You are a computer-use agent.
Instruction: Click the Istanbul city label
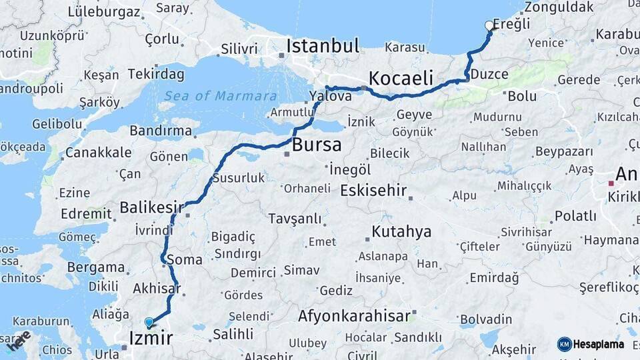pyautogui.click(x=323, y=46)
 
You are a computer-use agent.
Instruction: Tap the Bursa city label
pyautogui.click(x=317, y=145)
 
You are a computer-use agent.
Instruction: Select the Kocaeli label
pyautogui.click(x=401, y=77)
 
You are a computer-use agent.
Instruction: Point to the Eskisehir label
pyautogui.click(x=373, y=191)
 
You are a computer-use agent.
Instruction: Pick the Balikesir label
pyautogui.click(x=151, y=208)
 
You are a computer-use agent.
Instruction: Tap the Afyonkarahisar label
pyautogui.click(x=353, y=316)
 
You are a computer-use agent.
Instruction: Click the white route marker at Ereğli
pyautogui.click(x=489, y=26)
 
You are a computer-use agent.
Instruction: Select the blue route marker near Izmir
pyautogui.click(x=149, y=323)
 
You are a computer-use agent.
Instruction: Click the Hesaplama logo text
pyautogui.click(x=598, y=344)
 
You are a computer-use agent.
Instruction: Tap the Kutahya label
pyautogui.click(x=401, y=232)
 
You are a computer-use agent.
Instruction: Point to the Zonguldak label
pyautogui.click(x=559, y=7)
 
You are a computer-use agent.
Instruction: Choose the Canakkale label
pyautogui.click(x=98, y=153)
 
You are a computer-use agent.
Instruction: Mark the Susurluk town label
pyautogui.click(x=238, y=178)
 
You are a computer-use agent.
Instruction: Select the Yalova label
pyautogui.click(x=331, y=97)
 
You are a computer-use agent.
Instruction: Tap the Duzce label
pyautogui.click(x=489, y=75)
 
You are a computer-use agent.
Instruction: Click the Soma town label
pyautogui.click(x=186, y=260)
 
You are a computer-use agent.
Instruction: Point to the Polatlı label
pyautogui.click(x=575, y=216)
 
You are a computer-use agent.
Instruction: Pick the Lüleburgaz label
pyautogui.click(x=104, y=12)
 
